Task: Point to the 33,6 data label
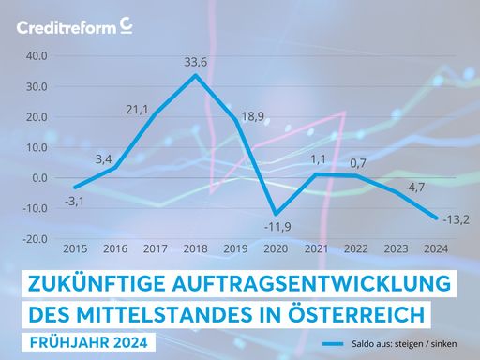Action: [x=195, y=63]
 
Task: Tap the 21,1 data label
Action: [x=137, y=110]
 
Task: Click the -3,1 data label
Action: [x=76, y=200]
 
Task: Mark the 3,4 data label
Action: [x=104, y=159]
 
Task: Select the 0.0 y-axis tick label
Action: [x=39, y=178]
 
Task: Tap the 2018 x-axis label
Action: [x=195, y=250]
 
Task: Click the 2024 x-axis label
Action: [x=434, y=250]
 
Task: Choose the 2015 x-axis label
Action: [x=75, y=250]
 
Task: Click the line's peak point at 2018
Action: [x=195, y=75]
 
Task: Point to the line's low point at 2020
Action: [x=275, y=214]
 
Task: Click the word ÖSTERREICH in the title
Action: [x=364, y=310]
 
